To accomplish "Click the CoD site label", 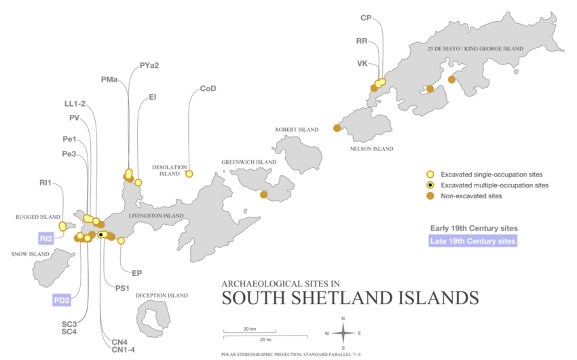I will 208,88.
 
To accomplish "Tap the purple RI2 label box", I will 45,238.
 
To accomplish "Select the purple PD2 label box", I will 62,300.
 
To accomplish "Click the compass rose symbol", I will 343,333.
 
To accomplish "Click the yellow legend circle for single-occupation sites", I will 429,173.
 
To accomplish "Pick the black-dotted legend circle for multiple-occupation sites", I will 429,185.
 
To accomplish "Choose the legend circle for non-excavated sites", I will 429,196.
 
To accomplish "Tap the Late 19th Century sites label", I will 473,241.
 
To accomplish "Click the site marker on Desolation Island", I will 189,174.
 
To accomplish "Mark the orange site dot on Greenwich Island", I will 263,195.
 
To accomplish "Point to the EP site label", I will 136,273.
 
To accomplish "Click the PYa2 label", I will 149,66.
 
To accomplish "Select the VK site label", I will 362,63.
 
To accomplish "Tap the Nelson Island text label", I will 371,148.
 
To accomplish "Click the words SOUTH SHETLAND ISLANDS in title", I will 350,298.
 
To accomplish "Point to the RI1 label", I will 45,183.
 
